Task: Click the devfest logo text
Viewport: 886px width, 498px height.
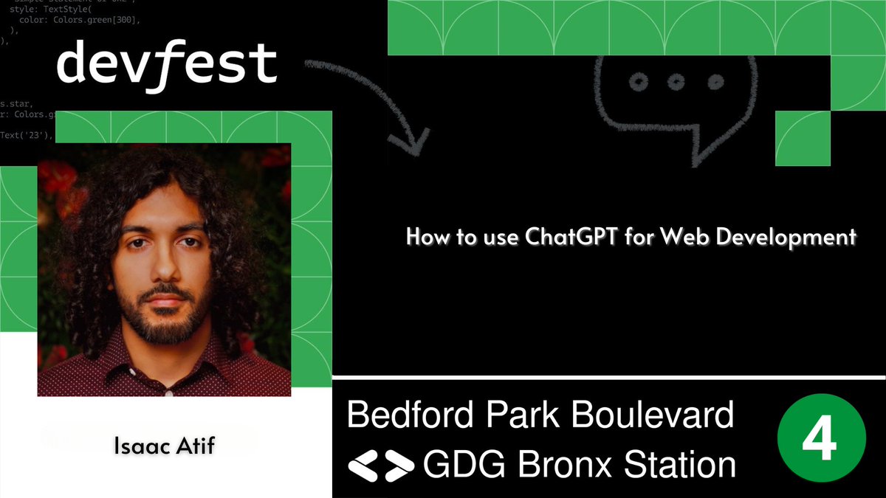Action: tap(167, 65)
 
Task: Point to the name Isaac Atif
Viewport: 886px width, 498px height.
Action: tap(164, 446)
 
